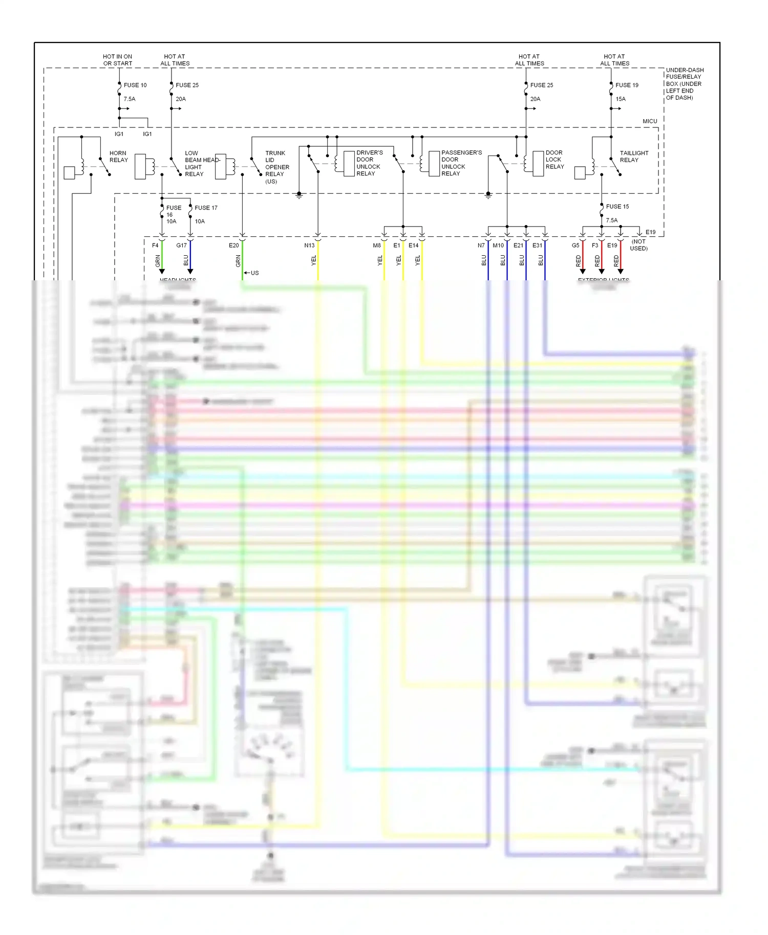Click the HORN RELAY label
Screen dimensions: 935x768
pyautogui.click(x=118, y=157)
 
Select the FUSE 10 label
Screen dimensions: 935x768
pyautogui.click(x=135, y=85)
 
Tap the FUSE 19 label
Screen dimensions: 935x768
pyautogui.click(x=627, y=85)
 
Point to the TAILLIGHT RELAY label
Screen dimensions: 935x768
pyautogui.click(x=634, y=157)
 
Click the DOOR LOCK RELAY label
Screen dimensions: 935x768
pyautogui.click(x=554, y=160)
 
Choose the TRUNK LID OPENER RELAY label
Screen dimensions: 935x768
pyautogui.click(x=277, y=167)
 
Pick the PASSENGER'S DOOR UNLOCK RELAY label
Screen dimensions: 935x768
pyautogui.click(x=461, y=163)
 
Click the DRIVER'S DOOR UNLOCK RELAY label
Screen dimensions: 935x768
pyautogui.click(x=369, y=163)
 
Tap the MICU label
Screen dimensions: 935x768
pyautogui.click(x=650, y=121)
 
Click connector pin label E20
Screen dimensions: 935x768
pyautogui.click(x=233, y=246)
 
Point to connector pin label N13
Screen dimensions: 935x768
pyautogui.click(x=309, y=246)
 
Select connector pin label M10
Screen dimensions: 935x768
pyautogui.click(x=498, y=246)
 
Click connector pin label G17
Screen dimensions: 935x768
pyautogui.click(x=181, y=246)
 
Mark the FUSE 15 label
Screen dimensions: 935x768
pyautogui.click(x=617, y=207)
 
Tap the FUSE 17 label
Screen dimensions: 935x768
pyautogui.click(x=206, y=208)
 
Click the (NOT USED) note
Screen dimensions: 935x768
pyautogui.click(x=638, y=245)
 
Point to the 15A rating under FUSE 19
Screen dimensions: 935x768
pyautogui.click(x=621, y=99)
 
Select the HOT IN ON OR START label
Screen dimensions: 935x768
pyautogui.click(x=117, y=60)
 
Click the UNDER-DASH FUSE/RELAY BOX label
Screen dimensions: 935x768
pyautogui.click(x=684, y=84)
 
